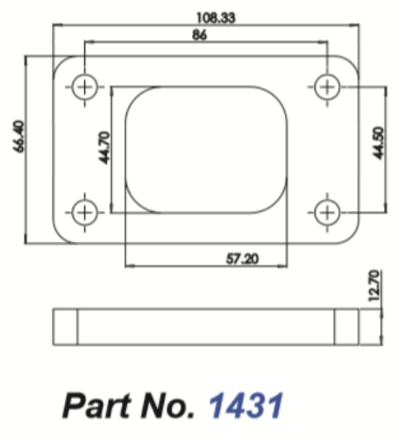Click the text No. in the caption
[x=167, y=406]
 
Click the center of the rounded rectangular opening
[x=207, y=149]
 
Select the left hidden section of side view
[x=67, y=326]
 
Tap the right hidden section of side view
[x=347, y=326]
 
